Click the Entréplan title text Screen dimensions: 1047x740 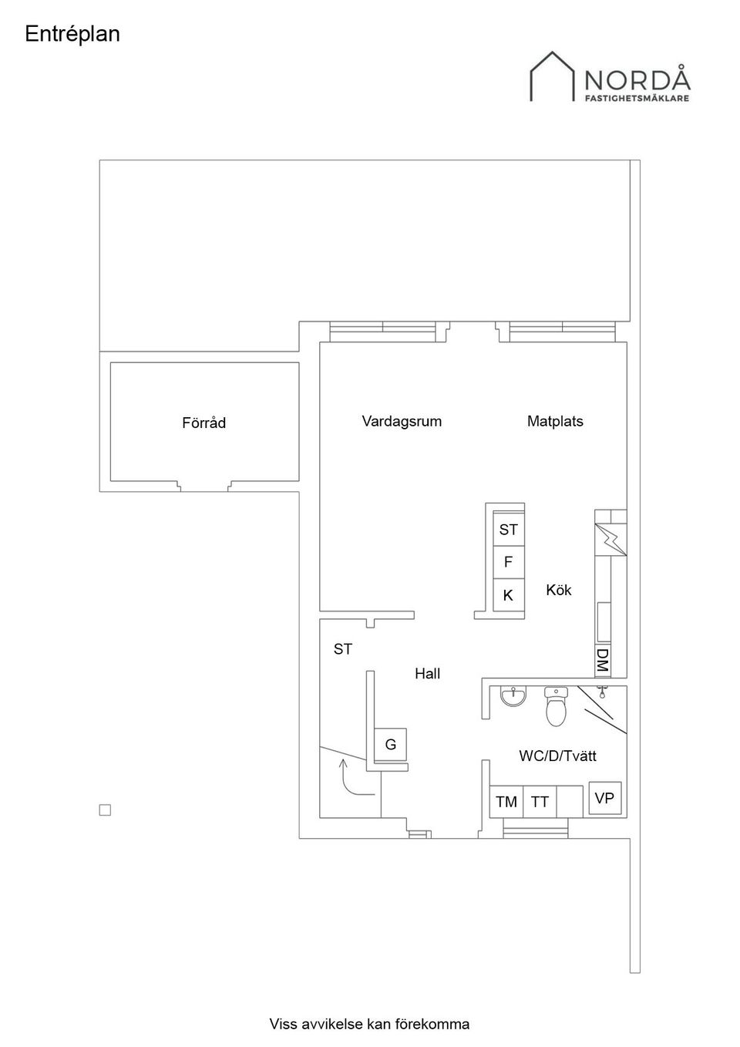(x=72, y=35)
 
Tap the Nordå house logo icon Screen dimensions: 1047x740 (x=553, y=77)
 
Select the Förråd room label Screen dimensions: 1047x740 (x=203, y=423)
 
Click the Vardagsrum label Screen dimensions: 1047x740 (x=402, y=421)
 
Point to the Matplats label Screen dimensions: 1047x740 (x=555, y=421)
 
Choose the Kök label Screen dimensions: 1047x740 (x=559, y=590)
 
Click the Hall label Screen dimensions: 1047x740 (x=427, y=673)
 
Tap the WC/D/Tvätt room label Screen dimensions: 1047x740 (x=557, y=756)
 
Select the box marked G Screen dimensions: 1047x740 (x=390, y=745)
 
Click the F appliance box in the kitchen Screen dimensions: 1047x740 (x=508, y=562)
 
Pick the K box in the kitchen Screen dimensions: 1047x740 (x=508, y=595)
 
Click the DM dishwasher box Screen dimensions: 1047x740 (x=603, y=660)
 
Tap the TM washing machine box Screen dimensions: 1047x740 (x=506, y=802)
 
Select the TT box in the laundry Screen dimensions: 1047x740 (x=540, y=802)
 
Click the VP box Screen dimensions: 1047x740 (x=605, y=798)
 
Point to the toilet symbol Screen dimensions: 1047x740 (x=556, y=707)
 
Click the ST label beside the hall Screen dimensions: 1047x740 (x=342, y=649)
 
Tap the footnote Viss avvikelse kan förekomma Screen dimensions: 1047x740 (x=369, y=1024)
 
